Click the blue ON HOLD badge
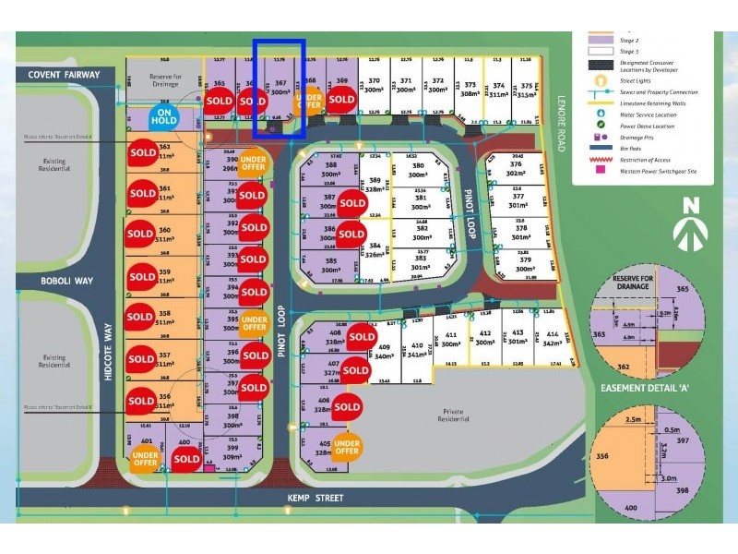163,118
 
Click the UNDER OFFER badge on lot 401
145,459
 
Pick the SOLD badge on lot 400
186,459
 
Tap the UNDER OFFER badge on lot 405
347,446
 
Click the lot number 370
375,81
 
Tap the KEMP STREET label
320,499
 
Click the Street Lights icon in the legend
599,81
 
